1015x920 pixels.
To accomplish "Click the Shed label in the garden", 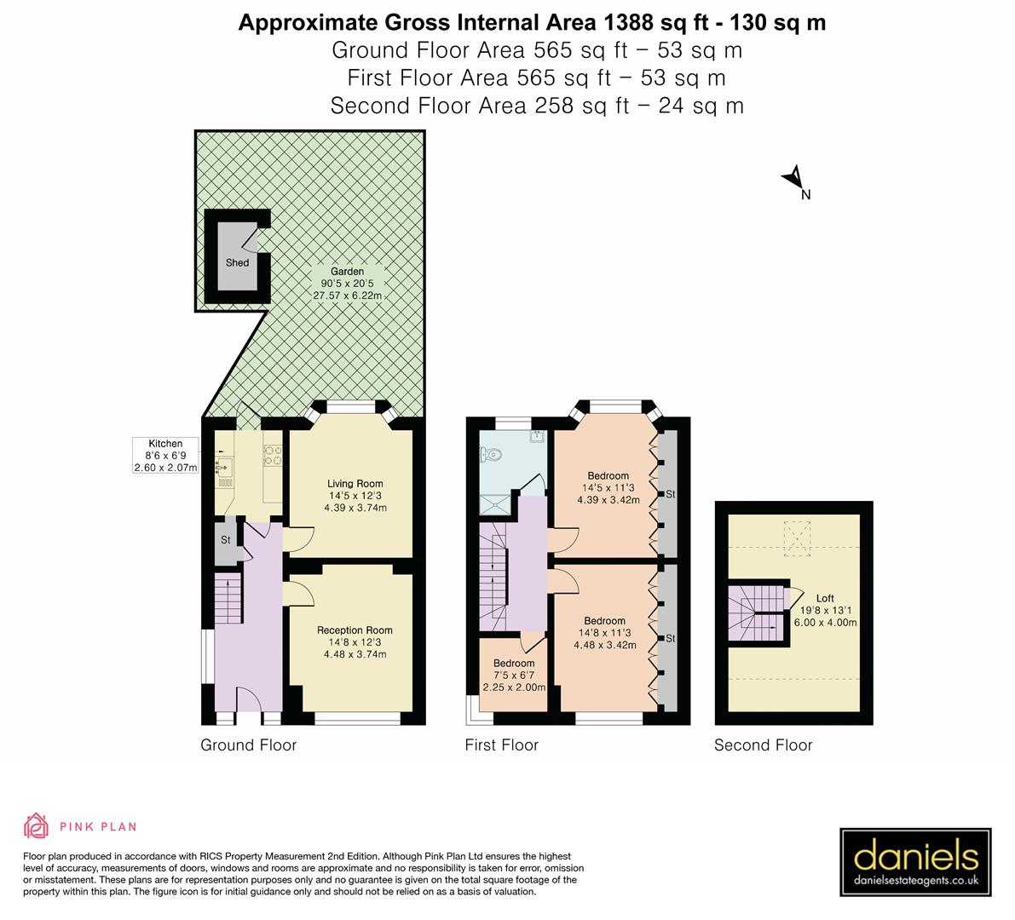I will pyautogui.click(x=237, y=262).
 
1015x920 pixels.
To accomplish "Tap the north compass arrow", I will pyautogui.click(x=792, y=177).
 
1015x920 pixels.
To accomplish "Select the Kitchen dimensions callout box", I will pyautogui.click(x=165, y=456).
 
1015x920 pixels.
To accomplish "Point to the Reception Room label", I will pyautogui.click(x=355, y=630).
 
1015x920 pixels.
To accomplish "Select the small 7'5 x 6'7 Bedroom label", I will pyautogui.click(x=514, y=664).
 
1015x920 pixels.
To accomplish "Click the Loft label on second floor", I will pyautogui.click(x=824, y=598).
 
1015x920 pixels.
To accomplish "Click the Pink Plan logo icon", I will pyautogui.click(x=37, y=825).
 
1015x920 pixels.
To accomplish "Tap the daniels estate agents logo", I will pyautogui.click(x=915, y=862).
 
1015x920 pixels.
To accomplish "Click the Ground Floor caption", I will pyautogui.click(x=248, y=745).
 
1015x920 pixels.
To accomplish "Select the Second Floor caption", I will pyautogui.click(x=763, y=745).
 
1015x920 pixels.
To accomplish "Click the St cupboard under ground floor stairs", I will pyautogui.click(x=226, y=541).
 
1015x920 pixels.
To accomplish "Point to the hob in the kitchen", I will pyautogui.click(x=273, y=457).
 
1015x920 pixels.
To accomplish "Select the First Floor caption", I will pyautogui.click(x=501, y=745).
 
